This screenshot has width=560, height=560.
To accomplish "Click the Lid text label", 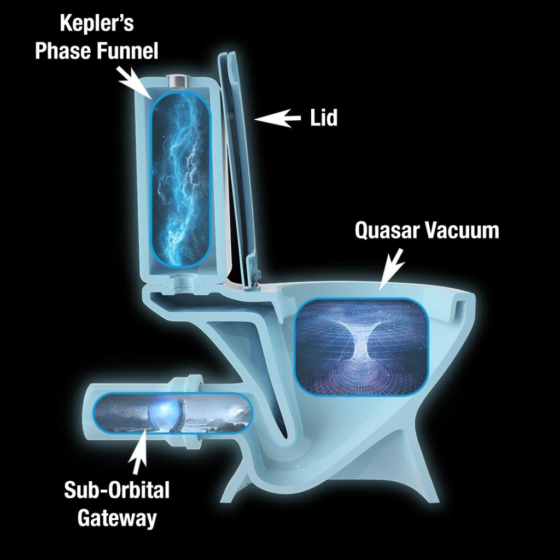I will (324, 118).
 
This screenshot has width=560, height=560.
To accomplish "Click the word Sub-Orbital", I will (116, 490).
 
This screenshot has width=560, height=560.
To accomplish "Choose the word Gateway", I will (116, 517).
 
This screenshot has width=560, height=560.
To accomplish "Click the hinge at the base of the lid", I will (254, 281).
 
